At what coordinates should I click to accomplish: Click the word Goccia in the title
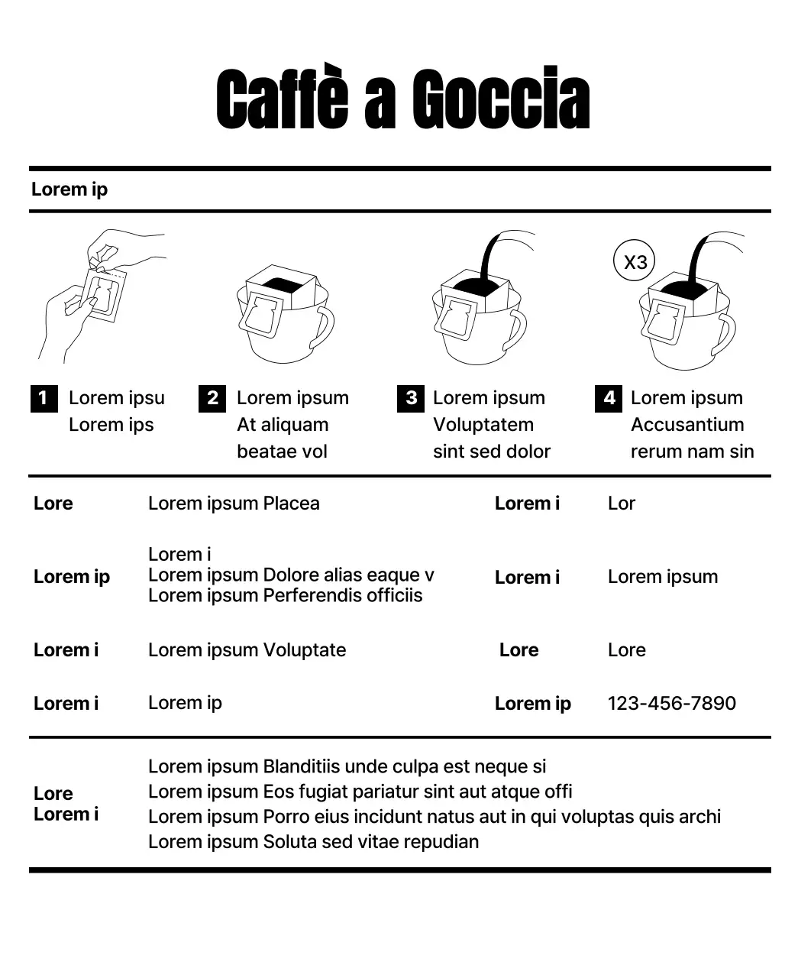coord(501,99)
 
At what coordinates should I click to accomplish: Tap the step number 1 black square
coord(44,398)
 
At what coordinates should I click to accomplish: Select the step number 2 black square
coord(212,398)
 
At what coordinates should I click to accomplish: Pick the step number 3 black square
coord(411,398)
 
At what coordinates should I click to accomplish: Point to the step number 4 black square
coord(609,398)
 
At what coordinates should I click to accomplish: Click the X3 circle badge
coord(635,262)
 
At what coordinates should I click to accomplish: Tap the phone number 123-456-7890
coord(672,703)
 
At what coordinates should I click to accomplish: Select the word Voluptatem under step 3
coord(483,425)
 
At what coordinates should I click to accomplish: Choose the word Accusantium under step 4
coord(687,425)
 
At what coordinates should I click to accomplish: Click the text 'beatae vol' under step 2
coord(282,452)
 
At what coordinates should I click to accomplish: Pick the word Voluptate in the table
coord(304,650)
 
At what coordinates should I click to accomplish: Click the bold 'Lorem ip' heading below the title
coord(69,189)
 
